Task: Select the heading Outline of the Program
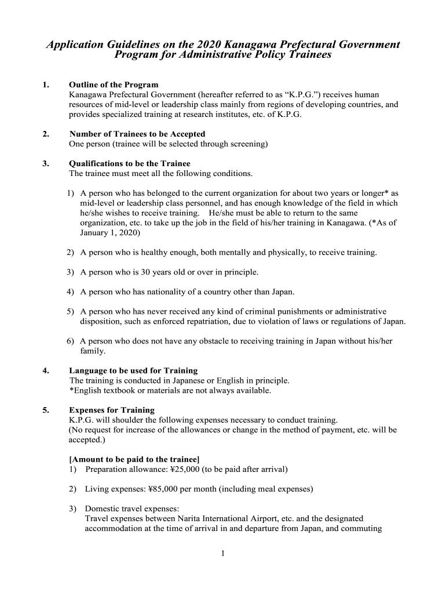[114, 85]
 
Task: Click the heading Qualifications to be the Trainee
[130, 163]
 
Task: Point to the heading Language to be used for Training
[133, 371]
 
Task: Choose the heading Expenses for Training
[112, 410]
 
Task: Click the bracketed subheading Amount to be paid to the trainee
[134, 459]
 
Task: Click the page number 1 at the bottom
[223, 554]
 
